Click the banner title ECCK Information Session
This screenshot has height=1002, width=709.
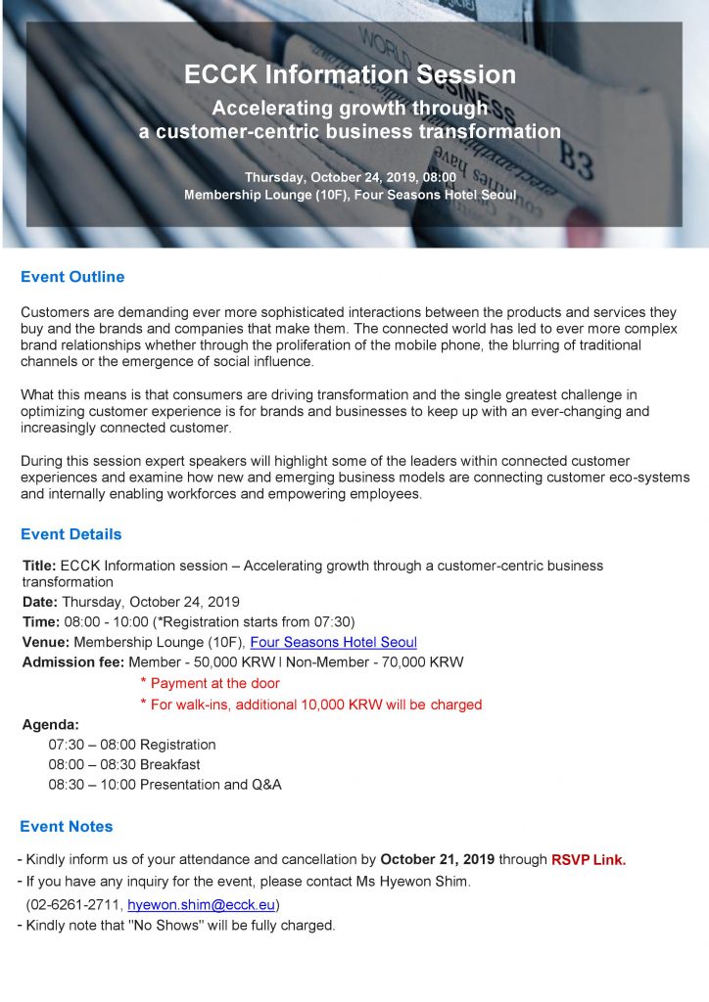tap(350, 75)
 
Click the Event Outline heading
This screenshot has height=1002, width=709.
tap(72, 277)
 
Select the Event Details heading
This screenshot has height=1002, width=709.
tap(71, 534)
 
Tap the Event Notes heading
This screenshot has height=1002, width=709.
tap(67, 826)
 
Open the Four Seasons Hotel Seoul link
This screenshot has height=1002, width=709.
tap(333, 643)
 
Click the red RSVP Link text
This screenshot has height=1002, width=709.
tap(588, 860)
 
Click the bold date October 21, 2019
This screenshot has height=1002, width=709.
tap(438, 860)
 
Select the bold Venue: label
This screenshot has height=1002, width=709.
tap(46, 643)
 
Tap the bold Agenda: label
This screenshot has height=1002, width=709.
tap(50, 725)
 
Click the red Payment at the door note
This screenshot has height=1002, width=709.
tap(214, 683)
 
